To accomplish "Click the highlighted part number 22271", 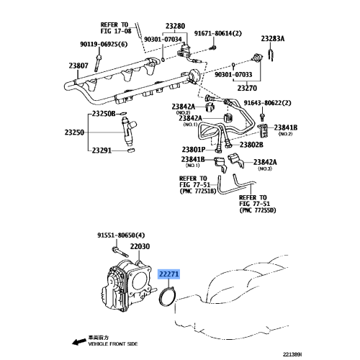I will [170, 274].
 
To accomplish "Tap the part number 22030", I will [140, 247].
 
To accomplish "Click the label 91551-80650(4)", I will [121, 235].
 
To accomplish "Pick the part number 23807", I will [78, 66].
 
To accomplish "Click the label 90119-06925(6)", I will [104, 45].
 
